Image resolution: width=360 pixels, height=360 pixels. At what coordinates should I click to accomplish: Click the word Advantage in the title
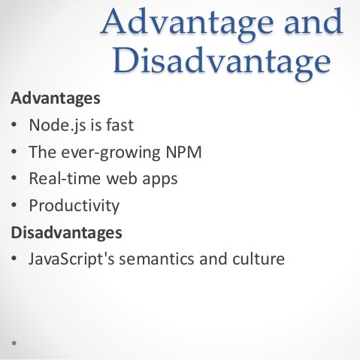[187, 24]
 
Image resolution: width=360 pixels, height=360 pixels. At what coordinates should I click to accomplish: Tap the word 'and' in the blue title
[313, 21]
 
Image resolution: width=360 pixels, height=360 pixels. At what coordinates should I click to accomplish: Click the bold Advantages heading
[56, 98]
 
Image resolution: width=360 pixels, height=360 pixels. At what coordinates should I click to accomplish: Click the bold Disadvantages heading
[67, 233]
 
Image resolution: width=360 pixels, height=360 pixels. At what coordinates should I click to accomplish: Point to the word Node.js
[57, 125]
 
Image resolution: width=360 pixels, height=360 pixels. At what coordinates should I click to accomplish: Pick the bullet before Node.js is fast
[14, 125]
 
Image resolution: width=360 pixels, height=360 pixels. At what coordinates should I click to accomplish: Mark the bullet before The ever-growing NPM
[14, 151]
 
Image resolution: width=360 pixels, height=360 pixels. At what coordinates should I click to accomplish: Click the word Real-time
[65, 178]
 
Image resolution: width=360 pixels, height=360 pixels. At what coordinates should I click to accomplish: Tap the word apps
[160, 180]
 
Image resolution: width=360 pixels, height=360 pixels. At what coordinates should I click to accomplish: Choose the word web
[122, 178]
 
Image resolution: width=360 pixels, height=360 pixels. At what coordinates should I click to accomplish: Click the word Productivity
[74, 206]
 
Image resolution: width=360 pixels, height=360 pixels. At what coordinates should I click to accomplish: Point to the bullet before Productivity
[14, 205]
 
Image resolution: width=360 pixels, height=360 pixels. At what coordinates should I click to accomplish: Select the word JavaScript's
[71, 259]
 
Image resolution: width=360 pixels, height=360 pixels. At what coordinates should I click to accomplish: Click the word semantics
[156, 259]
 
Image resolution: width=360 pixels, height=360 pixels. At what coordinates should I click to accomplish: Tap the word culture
[259, 259]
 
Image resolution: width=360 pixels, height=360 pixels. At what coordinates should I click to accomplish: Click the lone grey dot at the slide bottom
[14, 343]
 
